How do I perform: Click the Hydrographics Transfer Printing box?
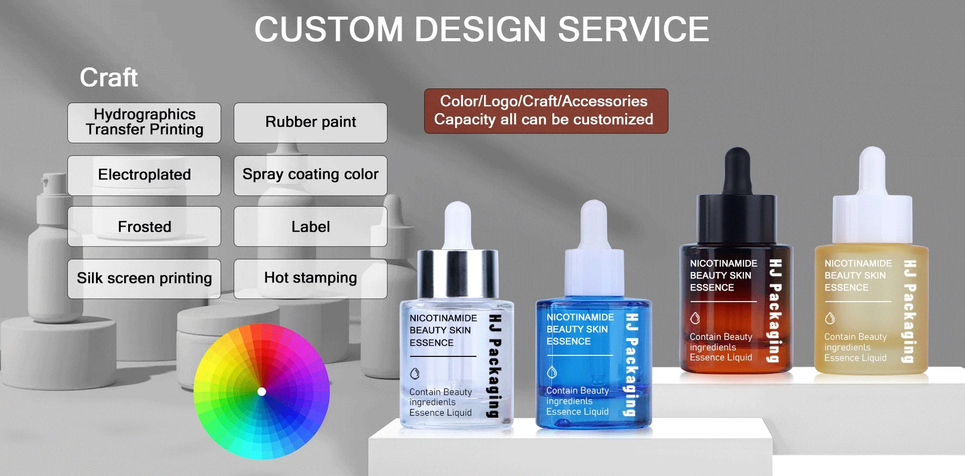tap(144, 123)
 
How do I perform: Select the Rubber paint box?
tap(311, 123)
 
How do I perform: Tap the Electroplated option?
tap(144, 175)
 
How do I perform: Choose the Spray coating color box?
tap(311, 175)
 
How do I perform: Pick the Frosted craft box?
tap(144, 227)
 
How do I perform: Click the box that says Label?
tap(311, 227)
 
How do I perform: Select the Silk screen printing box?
tap(144, 279)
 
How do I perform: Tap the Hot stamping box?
tap(311, 279)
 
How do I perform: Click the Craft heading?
tap(109, 77)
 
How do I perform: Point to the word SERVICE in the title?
tap(633, 29)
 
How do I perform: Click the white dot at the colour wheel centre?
tap(261, 392)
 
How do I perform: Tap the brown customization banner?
tap(546, 111)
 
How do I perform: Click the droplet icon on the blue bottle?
tap(552, 372)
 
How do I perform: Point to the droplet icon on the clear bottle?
tap(415, 374)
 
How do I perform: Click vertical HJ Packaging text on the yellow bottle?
tap(909, 311)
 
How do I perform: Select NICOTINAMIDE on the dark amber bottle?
tap(723, 263)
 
